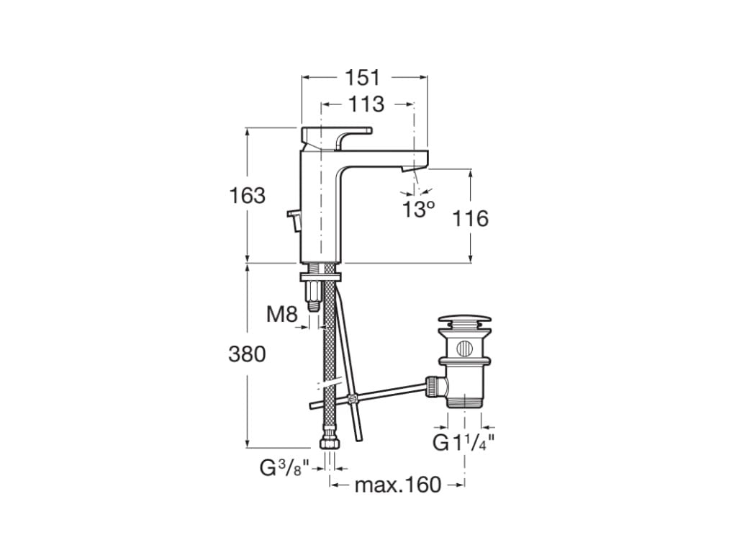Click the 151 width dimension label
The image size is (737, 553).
click(x=363, y=77)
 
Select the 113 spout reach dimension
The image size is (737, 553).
click(x=366, y=104)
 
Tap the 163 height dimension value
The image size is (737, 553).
click(x=247, y=195)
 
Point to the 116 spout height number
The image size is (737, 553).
click(x=470, y=218)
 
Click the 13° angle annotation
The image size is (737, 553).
click(x=418, y=210)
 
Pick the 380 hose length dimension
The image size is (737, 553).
click(x=247, y=354)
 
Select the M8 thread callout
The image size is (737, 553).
click(x=281, y=314)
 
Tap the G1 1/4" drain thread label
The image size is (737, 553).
click(x=463, y=442)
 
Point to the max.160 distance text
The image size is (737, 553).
click(x=397, y=485)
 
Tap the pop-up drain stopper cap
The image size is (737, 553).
click(x=464, y=320)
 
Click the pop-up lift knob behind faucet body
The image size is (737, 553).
click(x=294, y=220)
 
